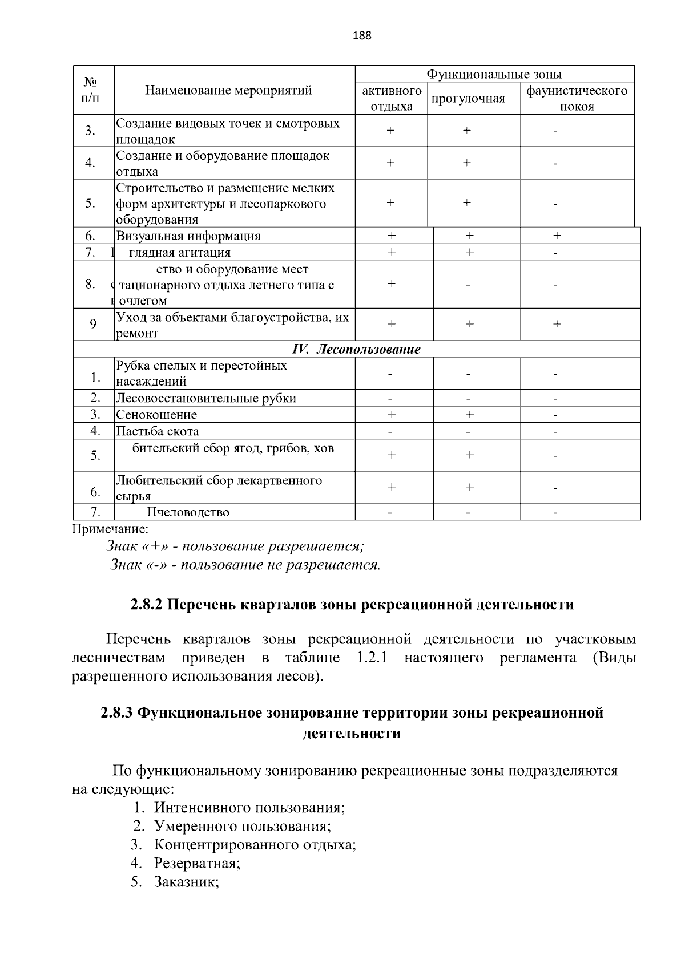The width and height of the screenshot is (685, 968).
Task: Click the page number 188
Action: tap(362, 36)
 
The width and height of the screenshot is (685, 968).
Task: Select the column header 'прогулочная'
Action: tap(468, 99)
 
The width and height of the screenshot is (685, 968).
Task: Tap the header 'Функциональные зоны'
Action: tap(494, 74)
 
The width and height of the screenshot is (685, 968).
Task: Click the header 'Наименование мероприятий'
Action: tap(228, 90)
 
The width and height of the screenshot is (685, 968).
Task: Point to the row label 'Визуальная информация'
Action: tap(188, 236)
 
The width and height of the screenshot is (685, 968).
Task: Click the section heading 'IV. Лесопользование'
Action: tap(356, 349)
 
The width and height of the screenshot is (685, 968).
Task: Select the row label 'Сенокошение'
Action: tap(156, 415)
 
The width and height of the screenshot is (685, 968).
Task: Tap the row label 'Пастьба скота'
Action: tap(158, 431)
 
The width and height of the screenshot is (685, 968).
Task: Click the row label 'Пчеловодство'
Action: tap(188, 512)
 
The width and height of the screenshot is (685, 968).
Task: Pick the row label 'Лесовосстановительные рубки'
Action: tap(206, 398)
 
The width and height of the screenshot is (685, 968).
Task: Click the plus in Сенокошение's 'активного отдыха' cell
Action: tap(392, 415)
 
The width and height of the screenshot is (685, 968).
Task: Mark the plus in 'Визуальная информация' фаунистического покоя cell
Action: tap(557, 236)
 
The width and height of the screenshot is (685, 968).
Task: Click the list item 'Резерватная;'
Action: tap(197, 863)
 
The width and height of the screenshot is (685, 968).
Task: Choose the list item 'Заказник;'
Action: tap(187, 882)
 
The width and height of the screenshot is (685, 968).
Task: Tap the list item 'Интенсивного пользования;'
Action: tap(249, 808)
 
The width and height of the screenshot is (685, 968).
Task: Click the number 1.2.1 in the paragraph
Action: tap(372, 658)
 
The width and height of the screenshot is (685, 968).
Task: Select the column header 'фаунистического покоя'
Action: tap(577, 99)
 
